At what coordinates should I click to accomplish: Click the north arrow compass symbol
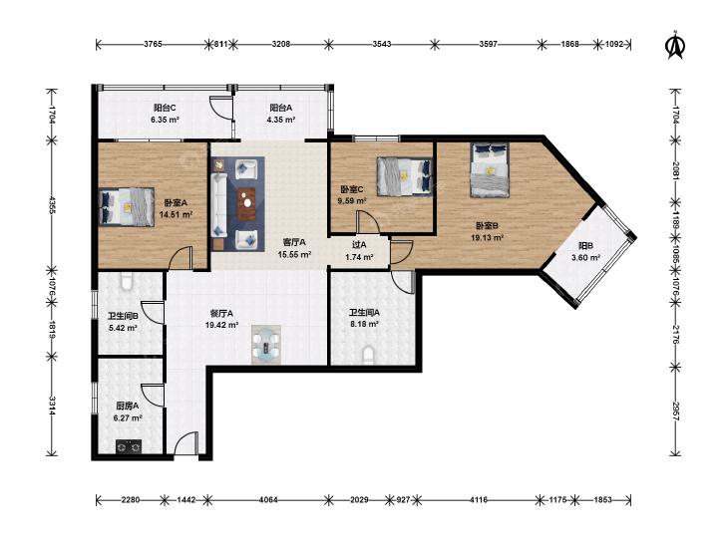tap(675, 45)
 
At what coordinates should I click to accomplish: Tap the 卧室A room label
tap(176, 203)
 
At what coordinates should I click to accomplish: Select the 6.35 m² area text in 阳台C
tap(165, 120)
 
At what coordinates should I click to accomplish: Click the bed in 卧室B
tap(490, 169)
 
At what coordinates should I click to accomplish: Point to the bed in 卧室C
tap(405, 176)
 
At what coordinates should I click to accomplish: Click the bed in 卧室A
tap(127, 206)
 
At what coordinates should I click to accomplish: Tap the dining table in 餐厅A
tap(266, 345)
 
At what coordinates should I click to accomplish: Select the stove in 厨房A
tap(129, 446)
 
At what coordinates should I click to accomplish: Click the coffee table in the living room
tap(246, 204)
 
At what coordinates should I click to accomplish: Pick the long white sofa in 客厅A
tap(218, 204)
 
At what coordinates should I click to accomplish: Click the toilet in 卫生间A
tap(369, 356)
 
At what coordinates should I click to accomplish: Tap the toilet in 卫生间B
tap(127, 281)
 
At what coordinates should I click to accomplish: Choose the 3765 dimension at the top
tap(153, 45)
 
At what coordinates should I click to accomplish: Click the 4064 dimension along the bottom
tap(268, 499)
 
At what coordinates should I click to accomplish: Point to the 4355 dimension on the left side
tap(53, 204)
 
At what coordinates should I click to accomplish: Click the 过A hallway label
tap(359, 244)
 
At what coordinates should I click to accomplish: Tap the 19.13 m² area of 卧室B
tap(487, 237)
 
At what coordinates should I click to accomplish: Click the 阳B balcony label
tap(585, 246)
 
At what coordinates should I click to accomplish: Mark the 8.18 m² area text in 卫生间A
tap(364, 324)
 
